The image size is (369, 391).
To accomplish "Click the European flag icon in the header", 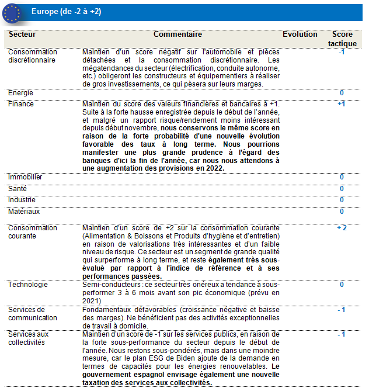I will [x=11, y=12].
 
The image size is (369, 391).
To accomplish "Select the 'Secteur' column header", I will [x=22, y=35].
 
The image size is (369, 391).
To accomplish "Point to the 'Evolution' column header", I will [x=300, y=35].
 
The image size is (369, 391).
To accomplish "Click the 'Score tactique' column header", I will [x=342, y=39].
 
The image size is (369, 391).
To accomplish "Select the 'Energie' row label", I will [x=20, y=93].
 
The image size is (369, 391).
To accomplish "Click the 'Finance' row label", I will [x=21, y=104].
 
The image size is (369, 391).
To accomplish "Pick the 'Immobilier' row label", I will [x=25, y=177].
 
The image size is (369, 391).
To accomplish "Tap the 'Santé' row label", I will [x=18, y=189].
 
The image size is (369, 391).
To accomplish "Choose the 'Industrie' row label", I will [x=22, y=200].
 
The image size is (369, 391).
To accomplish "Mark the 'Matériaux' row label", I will [x=24, y=211].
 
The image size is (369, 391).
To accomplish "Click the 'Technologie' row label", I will [x=28, y=284].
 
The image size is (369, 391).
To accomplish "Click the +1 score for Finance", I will [x=342, y=104].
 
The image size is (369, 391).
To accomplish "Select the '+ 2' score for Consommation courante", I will [x=342, y=228].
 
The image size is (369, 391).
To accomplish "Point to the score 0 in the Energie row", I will [x=342, y=93].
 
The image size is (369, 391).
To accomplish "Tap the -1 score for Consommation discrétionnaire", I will [x=342, y=52].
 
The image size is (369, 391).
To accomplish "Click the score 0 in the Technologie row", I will [x=342, y=285].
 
